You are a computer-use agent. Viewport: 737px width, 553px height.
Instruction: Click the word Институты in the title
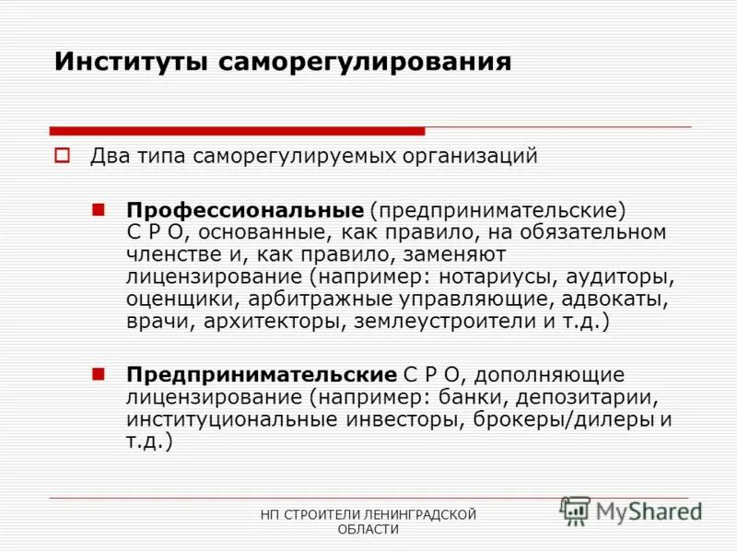132,62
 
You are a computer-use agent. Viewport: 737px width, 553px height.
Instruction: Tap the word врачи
154,322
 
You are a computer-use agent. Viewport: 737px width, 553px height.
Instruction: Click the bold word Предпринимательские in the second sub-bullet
262,375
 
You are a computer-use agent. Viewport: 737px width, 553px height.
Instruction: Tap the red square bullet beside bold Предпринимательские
99,374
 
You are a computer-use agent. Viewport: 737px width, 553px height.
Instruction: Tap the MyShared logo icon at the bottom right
576,511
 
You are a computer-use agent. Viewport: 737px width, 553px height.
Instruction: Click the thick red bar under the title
237,131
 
